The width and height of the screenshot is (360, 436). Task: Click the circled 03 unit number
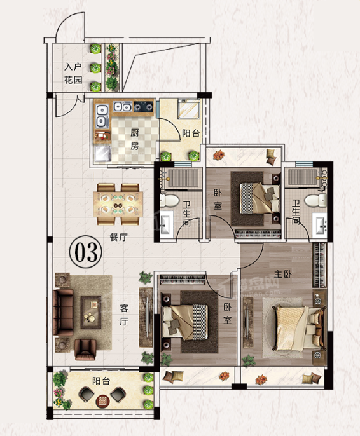[86, 252]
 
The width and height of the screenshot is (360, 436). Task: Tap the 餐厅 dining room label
[119, 237]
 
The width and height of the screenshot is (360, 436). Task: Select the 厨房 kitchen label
[135, 139]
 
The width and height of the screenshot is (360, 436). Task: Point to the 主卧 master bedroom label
[283, 274]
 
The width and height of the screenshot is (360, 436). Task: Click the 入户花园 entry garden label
[73, 74]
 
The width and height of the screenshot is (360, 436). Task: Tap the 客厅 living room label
[124, 315]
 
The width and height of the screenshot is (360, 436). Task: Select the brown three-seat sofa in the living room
[63, 312]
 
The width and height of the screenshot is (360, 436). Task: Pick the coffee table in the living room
[91, 312]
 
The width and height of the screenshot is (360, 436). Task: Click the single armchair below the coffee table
[85, 350]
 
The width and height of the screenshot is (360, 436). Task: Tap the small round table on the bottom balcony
[101, 400]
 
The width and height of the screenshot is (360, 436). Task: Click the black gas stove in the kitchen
[143, 107]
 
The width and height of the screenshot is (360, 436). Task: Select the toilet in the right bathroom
[315, 200]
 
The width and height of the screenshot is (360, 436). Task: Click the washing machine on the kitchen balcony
[189, 109]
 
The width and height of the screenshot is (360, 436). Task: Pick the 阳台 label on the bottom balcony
[101, 381]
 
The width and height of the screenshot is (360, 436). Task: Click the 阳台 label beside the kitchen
[191, 133]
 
